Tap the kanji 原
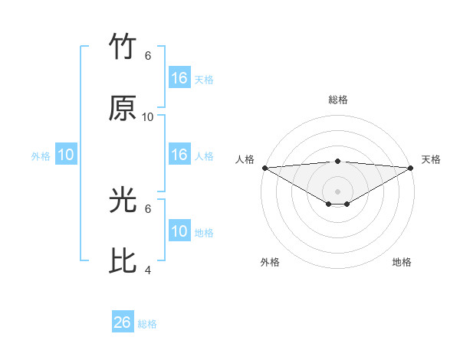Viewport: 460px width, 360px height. pyautogui.click(x=123, y=109)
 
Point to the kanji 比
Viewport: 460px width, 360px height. pyautogui.click(x=123, y=261)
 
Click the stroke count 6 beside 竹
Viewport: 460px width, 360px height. pyautogui.click(x=148, y=56)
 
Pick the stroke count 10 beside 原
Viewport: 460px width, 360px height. pyautogui.click(x=148, y=117)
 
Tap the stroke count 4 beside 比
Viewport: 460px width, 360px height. pyautogui.click(x=148, y=270)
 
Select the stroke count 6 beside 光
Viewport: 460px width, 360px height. pyautogui.click(x=148, y=208)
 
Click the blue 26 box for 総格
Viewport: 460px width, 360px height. pyautogui.click(x=123, y=322)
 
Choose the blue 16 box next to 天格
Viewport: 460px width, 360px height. pyautogui.click(x=179, y=78)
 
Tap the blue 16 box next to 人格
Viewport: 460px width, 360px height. pyautogui.click(x=179, y=155)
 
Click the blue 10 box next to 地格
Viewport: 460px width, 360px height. pyautogui.click(x=179, y=231)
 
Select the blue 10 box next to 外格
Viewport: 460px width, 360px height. pyautogui.click(x=65, y=155)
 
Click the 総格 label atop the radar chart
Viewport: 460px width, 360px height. pyautogui.click(x=338, y=100)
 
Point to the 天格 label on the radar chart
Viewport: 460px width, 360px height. pyautogui.click(x=432, y=159)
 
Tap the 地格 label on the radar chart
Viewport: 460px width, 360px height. pyautogui.click(x=402, y=262)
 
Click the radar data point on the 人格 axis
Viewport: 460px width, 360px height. pyautogui.click(x=264, y=168)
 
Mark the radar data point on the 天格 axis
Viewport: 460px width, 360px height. pyautogui.click(x=411, y=168)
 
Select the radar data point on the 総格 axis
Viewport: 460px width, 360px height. pyautogui.click(x=338, y=161)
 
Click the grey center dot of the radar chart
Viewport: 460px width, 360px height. pyautogui.click(x=338, y=191)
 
